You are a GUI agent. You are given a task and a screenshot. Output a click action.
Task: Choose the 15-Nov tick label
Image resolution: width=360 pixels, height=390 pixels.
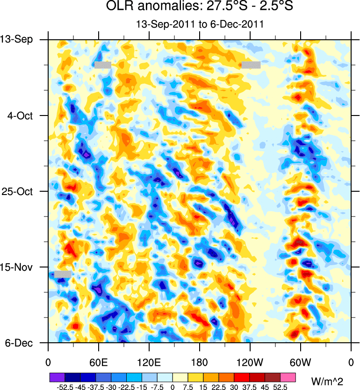pos(19,267)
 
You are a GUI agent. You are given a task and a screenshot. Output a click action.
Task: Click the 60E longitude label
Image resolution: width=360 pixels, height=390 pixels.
pos(99,362)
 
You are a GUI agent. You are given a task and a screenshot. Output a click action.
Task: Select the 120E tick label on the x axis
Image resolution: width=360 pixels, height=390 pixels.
pos(149,362)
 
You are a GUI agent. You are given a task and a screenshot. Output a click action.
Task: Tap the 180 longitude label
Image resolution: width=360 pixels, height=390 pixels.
pos(200,362)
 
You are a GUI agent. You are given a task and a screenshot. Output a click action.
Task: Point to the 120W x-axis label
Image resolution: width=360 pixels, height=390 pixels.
pos(250,362)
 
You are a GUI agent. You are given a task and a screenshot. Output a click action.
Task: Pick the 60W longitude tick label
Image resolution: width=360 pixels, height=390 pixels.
pos(300,362)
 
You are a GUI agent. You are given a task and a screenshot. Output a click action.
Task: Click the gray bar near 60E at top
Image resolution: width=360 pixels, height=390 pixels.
pos(103,65)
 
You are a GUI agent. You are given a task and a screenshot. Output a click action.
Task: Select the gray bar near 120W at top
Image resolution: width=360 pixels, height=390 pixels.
pos(251,65)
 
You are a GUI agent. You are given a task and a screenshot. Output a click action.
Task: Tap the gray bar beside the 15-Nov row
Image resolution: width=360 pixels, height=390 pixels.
pos(63,274)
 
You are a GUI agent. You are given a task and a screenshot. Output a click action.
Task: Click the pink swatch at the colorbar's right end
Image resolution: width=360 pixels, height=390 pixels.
pos(288,376)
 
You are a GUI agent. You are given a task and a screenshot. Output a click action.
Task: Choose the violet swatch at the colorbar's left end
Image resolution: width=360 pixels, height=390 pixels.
pos(57,376)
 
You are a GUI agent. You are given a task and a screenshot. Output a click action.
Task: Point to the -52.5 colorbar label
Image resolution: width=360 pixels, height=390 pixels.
pos(64,387)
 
